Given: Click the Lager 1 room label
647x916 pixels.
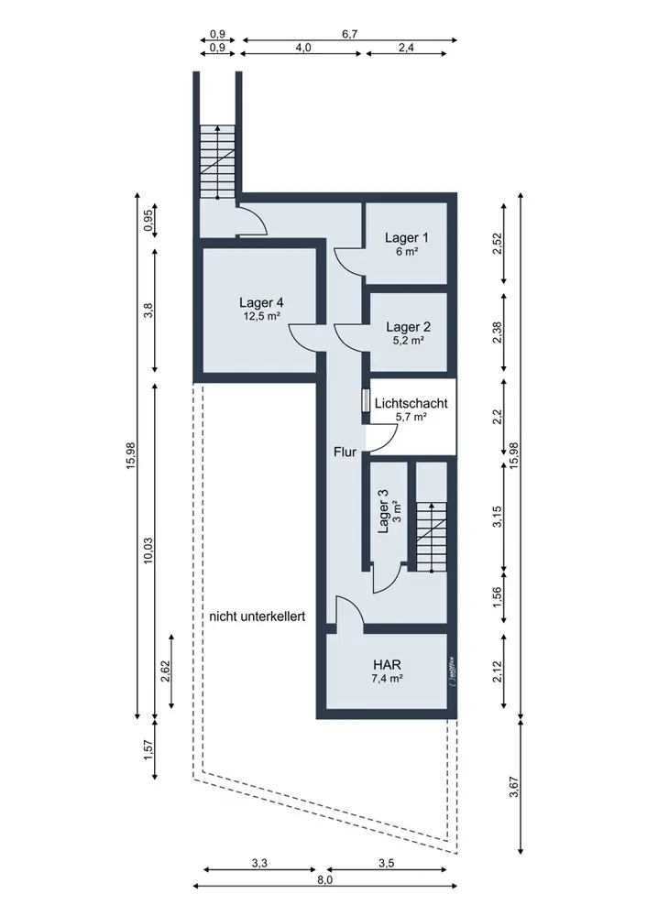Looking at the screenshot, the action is [406, 238].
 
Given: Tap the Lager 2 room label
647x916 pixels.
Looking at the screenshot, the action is [408, 327].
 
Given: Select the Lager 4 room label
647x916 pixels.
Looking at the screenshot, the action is [261, 302].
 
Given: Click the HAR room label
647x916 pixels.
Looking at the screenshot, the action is [387, 665].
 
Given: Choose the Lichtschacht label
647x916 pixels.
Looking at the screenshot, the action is [411, 403].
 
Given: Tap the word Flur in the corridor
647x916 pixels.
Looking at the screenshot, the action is [345, 452].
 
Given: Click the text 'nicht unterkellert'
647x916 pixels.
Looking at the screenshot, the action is [258, 616].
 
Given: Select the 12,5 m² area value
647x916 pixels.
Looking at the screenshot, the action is [261, 316].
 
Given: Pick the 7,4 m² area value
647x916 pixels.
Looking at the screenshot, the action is [387, 678].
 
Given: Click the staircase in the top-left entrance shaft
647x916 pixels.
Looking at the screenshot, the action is [217, 161].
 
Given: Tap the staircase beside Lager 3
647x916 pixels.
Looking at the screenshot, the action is [431, 536].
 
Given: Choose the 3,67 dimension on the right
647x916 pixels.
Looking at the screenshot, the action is [514, 786].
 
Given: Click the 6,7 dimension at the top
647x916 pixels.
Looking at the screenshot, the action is [349, 34].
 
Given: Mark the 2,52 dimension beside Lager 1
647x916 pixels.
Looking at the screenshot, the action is [498, 245].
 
